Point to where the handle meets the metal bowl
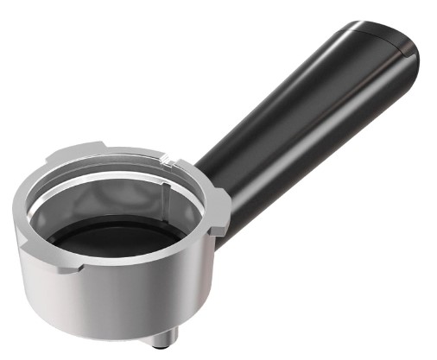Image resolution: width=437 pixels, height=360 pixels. point(207,173)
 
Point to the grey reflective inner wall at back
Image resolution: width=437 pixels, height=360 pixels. point(112,194)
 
